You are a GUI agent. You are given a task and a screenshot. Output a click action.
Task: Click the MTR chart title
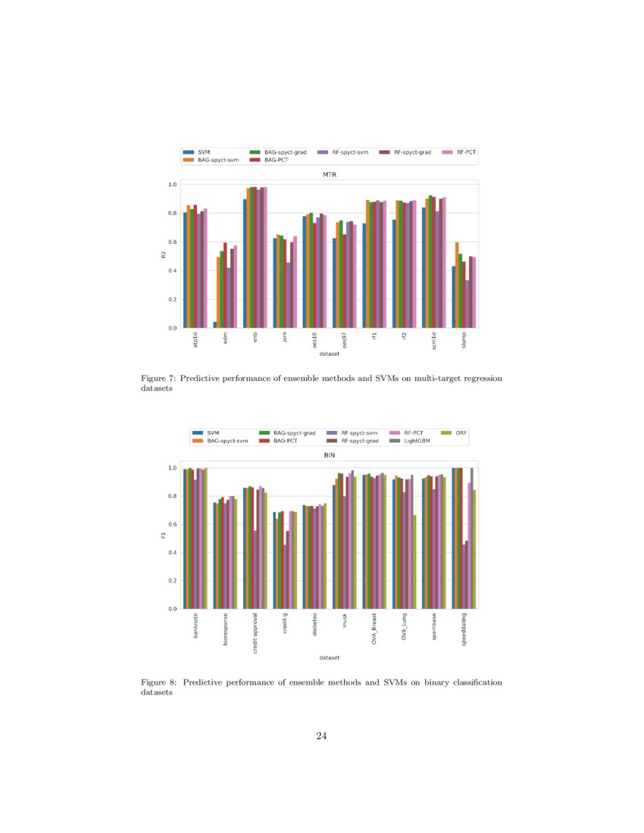click(329, 174)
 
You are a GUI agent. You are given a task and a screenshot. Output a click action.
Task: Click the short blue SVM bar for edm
click(214, 325)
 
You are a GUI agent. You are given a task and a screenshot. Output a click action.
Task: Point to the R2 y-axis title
click(163, 255)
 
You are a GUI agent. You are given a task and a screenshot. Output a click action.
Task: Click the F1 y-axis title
click(163, 536)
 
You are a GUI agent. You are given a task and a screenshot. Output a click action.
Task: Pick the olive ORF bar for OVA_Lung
click(414, 562)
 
